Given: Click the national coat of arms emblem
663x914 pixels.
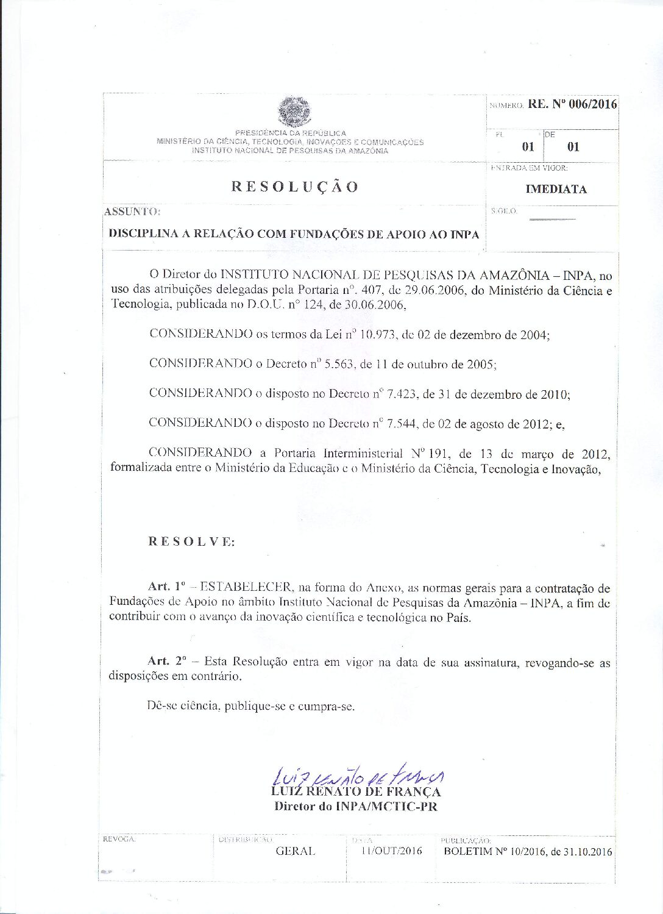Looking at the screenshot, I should click(294, 112).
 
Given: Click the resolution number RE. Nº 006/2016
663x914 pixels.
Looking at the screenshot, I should click(572, 104).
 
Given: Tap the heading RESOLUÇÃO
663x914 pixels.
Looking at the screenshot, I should click(295, 187).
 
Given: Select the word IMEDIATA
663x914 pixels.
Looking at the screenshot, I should click(556, 189).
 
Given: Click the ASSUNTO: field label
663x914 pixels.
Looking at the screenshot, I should click(132, 212).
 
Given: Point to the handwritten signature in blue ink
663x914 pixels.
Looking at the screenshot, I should click(358, 776).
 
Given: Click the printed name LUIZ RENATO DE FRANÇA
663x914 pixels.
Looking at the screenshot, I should click(356, 792).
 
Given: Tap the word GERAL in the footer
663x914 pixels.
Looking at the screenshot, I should click(296, 851).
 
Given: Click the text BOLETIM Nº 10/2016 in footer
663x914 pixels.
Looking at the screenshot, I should click(494, 852).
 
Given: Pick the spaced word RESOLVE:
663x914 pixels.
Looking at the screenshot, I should click(191, 541).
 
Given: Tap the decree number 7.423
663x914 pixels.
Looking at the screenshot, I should click(399, 394).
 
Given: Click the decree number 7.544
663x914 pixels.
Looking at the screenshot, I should click(399, 423).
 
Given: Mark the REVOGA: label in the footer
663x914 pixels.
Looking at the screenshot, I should click(119, 840).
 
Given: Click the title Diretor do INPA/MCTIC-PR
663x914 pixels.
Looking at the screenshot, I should click(356, 806).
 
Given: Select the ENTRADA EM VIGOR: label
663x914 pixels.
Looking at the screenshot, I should click(529, 168).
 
